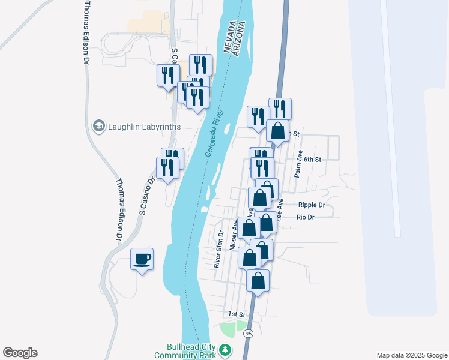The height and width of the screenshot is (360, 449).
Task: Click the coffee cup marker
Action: (142, 259)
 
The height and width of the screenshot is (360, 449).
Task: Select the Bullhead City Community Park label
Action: (184, 351)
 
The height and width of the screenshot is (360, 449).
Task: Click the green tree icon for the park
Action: (225, 349)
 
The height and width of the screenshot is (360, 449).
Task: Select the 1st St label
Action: (237, 314)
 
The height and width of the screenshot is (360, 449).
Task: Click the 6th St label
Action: (313, 160)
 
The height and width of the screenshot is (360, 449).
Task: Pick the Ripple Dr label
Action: (311, 205)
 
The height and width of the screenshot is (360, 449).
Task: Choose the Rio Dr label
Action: (306, 217)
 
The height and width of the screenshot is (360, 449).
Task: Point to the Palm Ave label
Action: (297, 164)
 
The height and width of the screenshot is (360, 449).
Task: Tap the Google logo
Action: (20, 353)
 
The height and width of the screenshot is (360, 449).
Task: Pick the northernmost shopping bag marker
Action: (278, 130)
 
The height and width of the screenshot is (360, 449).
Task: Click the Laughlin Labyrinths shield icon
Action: (98, 126)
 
